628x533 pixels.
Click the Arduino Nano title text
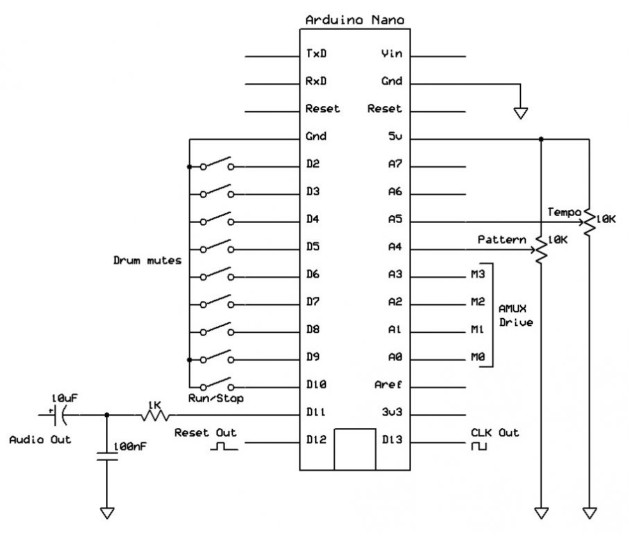click(x=355, y=20)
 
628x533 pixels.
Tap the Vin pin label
click(x=391, y=53)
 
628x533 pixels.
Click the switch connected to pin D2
click(x=217, y=164)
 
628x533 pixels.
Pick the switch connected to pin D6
click(x=217, y=275)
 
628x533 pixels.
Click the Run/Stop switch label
click(x=216, y=398)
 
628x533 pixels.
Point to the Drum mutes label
click(x=147, y=261)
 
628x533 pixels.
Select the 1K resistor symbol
click(x=155, y=415)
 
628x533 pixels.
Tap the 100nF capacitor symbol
click(x=106, y=456)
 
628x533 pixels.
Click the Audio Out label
click(x=40, y=440)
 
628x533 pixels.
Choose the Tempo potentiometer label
click(x=563, y=212)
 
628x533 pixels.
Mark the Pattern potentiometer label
click(x=502, y=239)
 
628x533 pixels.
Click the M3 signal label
click(x=477, y=275)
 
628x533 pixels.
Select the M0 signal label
click(x=477, y=358)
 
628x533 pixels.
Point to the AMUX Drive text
click(x=516, y=315)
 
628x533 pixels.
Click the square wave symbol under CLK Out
click(x=479, y=448)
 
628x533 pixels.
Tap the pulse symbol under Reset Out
click(x=223, y=448)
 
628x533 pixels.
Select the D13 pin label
click(x=391, y=441)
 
